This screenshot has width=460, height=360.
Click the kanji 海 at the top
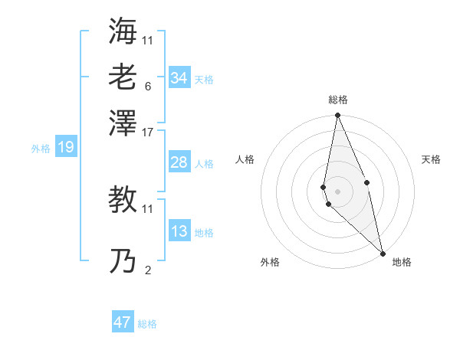[x=123, y=31]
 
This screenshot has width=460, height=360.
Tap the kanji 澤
[x=123, y=122]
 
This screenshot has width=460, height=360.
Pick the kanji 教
[x=123, y=200]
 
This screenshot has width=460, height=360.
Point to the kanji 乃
[x=123, y=262]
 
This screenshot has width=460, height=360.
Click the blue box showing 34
[x=179, y=78]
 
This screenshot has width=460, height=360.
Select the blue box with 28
[x=179, y=162]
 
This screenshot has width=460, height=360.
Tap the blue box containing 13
[x=179, y=231]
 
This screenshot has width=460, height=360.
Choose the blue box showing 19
[x=65, y=148]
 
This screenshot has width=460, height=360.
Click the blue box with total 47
[x=123, y=322]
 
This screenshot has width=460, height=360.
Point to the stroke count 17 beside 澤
[x=148, y=132]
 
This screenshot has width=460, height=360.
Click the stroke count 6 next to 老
[x=147, y=86]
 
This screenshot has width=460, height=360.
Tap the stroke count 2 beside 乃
[x=147, y=270]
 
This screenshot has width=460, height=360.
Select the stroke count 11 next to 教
[x=148, y=208]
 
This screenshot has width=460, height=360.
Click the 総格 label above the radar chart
[x=338, y=100]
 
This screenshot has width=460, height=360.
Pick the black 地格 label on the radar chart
[x=402, y=262]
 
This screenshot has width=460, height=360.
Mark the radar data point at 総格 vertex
[x=337, y=116]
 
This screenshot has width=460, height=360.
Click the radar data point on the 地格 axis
[x=383, y=252]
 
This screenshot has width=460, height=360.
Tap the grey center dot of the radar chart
[x=337, y=191]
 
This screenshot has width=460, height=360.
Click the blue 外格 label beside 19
[x=41, y=149]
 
